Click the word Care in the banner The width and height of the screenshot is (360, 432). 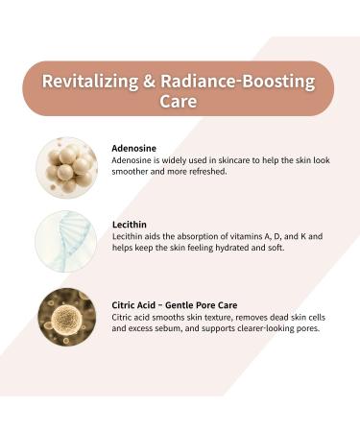click(180, 102)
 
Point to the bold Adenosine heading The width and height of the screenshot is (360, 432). click(137, 148)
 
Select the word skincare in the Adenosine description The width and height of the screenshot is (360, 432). click(243, 160)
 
